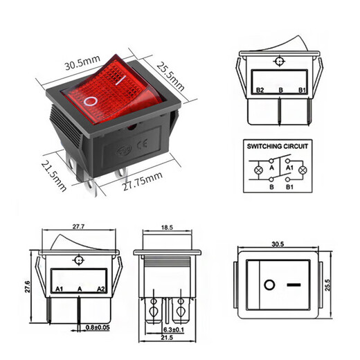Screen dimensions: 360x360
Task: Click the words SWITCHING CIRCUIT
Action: point(278,147)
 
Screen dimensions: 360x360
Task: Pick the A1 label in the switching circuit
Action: point(289,168)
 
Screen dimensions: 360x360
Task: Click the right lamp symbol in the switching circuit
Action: point(302,170)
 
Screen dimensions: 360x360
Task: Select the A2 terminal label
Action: point(100,287)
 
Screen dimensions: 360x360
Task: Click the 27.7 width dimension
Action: point(78,227)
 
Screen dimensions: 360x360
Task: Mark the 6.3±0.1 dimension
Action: point(175,330)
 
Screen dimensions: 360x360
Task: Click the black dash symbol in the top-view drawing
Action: point(294,285)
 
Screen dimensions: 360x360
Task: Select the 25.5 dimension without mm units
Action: point(339,284)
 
